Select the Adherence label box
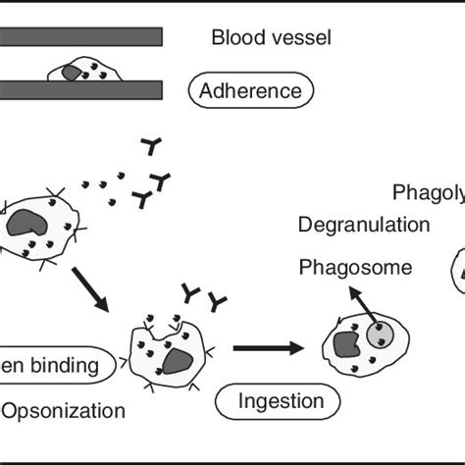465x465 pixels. (x=250, y=92)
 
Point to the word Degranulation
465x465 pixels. (x=363, y=224)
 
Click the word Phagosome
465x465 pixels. (x=355, y=266)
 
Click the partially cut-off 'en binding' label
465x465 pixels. (x=54, y=367)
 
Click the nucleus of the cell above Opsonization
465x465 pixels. (x=177, y=362)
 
